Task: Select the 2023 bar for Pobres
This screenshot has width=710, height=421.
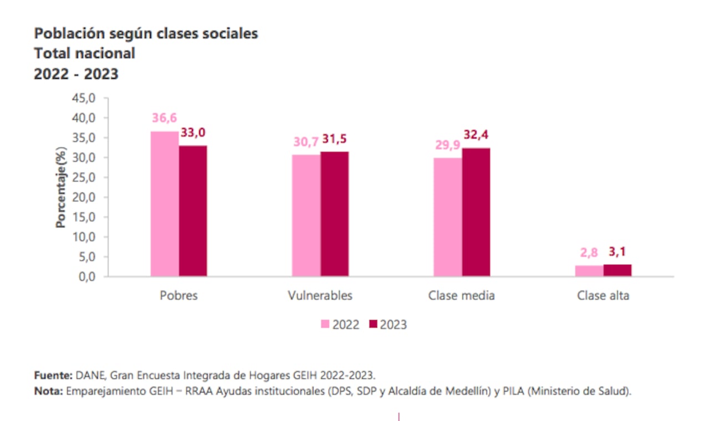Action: (192, 211)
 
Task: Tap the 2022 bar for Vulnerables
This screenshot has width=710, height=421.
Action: (306, 215)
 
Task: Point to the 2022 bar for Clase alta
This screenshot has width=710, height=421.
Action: (589, 271)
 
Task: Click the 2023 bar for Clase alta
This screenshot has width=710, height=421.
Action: (617, 270)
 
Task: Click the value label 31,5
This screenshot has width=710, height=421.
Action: (334, 139)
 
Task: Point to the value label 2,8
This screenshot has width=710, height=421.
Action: (589, 253)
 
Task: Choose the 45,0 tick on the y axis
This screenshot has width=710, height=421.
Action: (85, 98)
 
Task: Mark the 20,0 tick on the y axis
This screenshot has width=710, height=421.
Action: (85, 197)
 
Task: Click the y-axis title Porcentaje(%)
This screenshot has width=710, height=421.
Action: (60, 187)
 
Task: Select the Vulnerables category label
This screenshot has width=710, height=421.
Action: (320, 295)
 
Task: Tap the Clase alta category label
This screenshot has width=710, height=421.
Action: (603, 295)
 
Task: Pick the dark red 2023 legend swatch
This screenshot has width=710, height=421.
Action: (373, 324)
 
